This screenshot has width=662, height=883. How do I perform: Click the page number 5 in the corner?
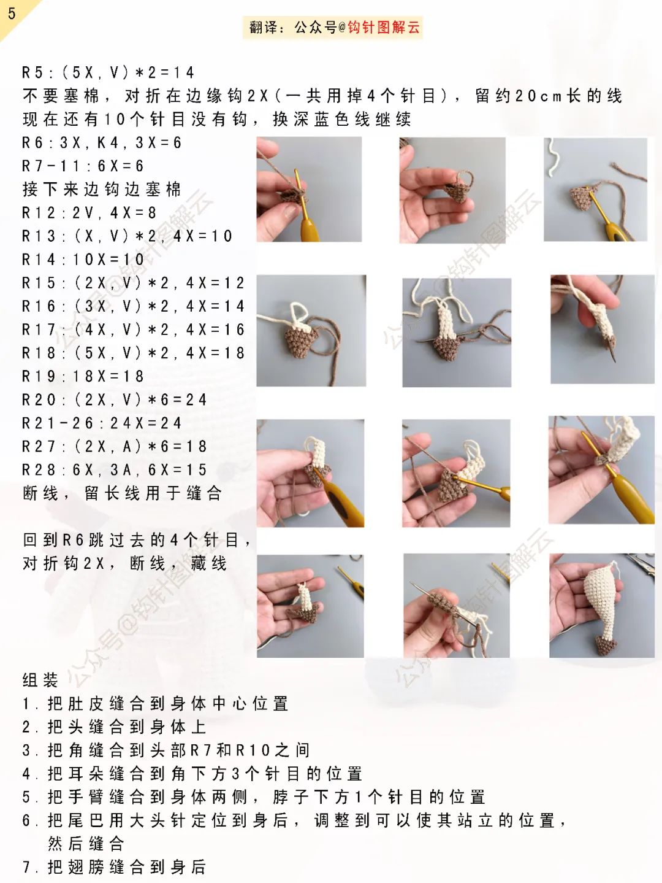point(12,13)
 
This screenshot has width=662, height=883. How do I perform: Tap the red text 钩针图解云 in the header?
point(384,27)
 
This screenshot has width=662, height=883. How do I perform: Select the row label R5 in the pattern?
point(33,72)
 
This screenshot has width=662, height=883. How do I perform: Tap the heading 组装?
point(40,680)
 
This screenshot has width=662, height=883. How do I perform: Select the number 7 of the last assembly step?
point(27,867)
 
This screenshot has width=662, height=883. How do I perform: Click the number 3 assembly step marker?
point(27,750)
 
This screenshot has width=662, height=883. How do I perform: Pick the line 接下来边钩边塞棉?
point(102,190)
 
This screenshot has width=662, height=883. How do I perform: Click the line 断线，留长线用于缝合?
point(122,493)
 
